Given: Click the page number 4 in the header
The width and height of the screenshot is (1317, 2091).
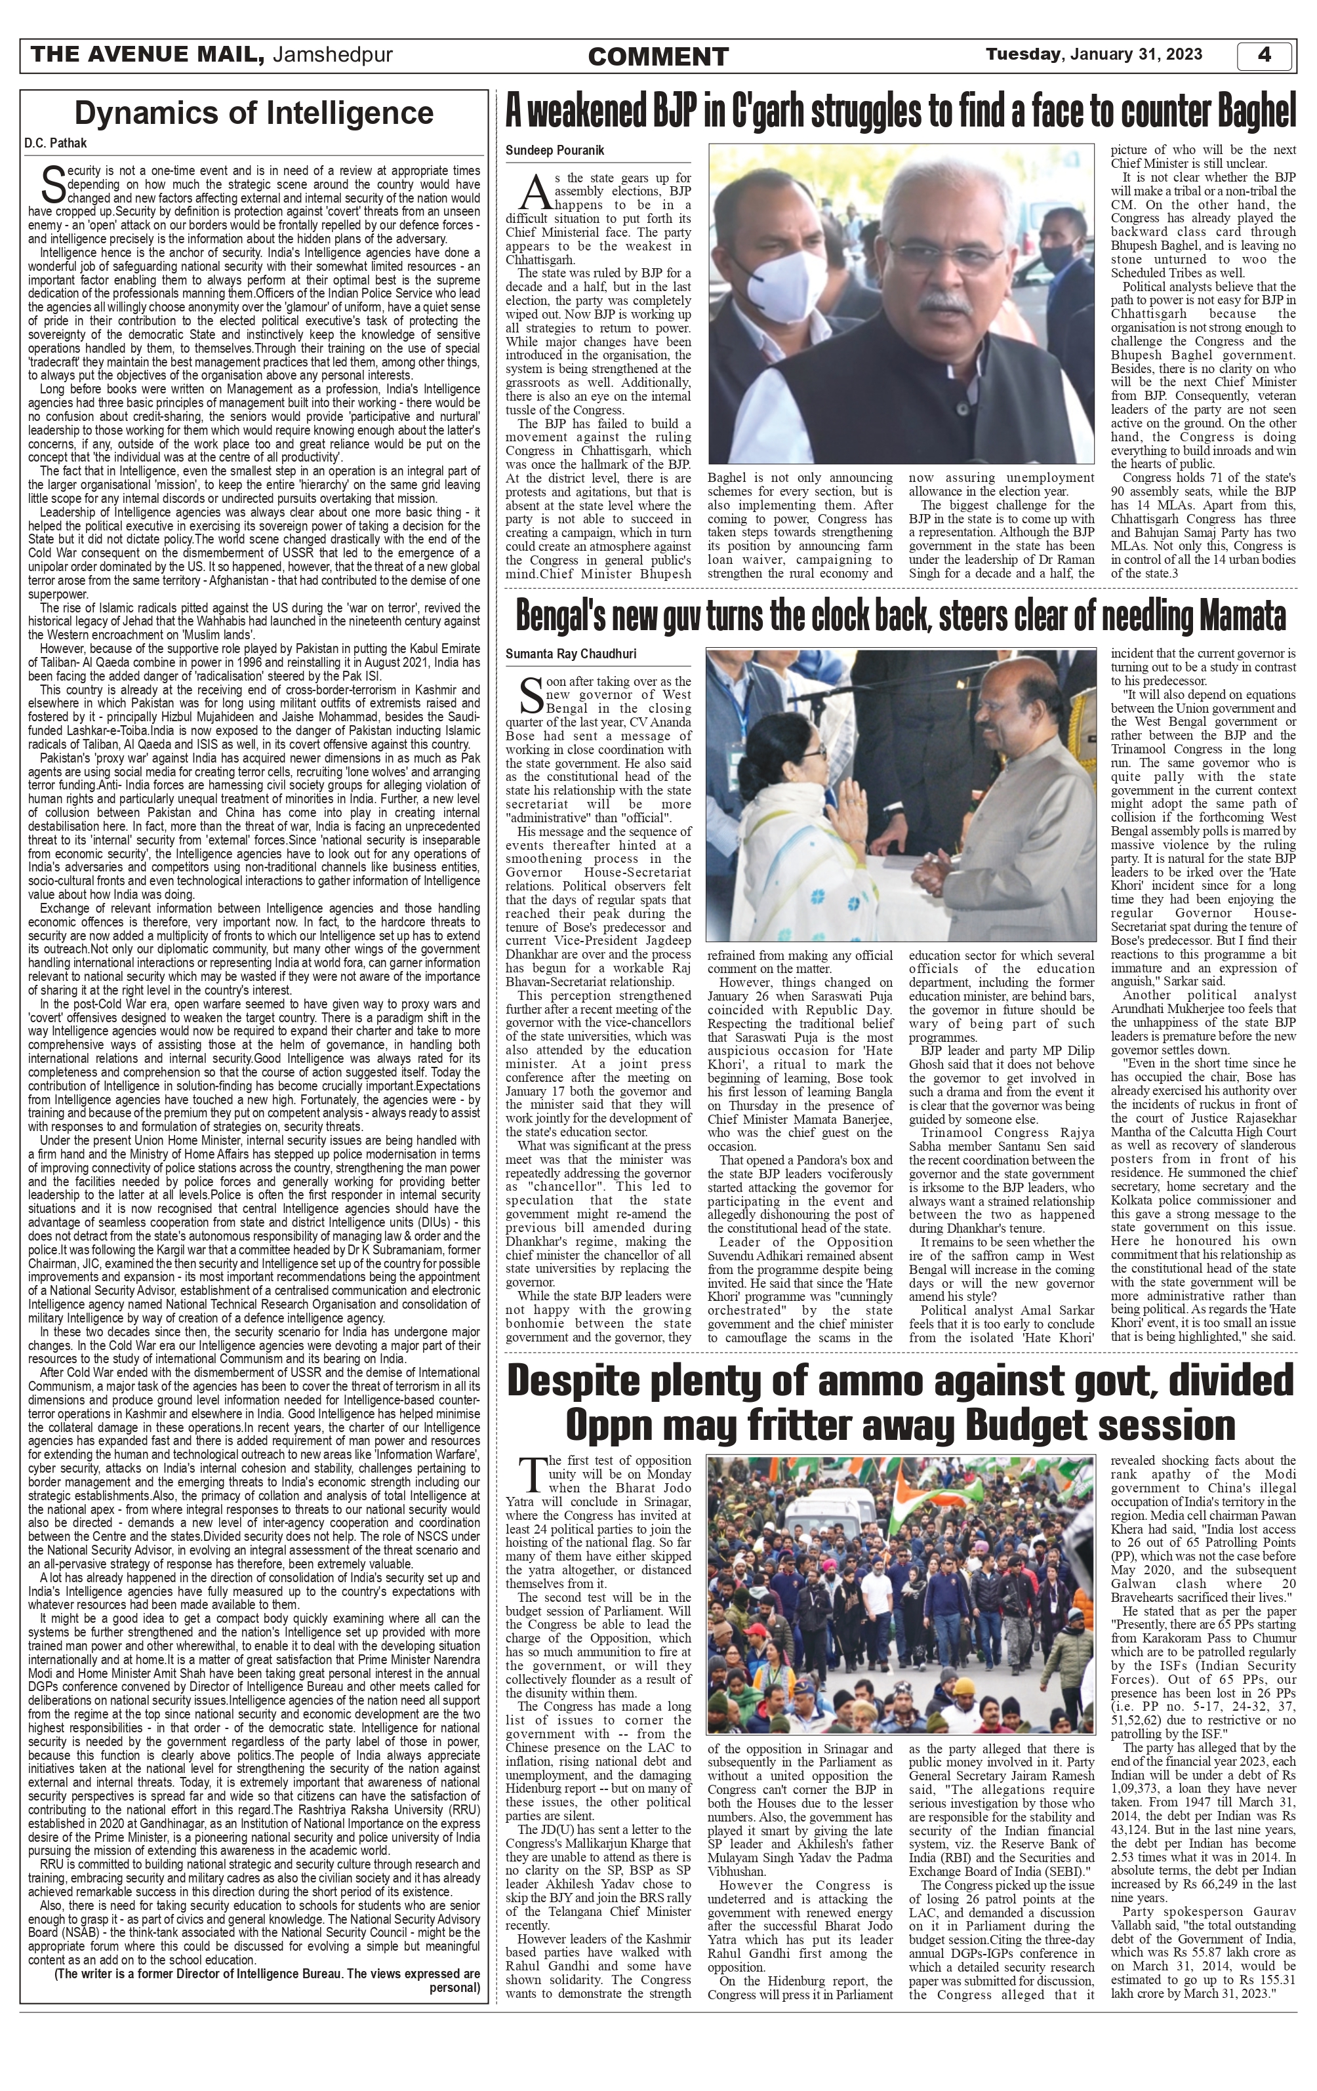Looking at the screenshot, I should tap(1264, 54).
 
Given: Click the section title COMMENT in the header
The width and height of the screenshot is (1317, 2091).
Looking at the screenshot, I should tap(658, 57).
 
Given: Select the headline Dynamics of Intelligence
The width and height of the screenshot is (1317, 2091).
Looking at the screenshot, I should tap(254, 113).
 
